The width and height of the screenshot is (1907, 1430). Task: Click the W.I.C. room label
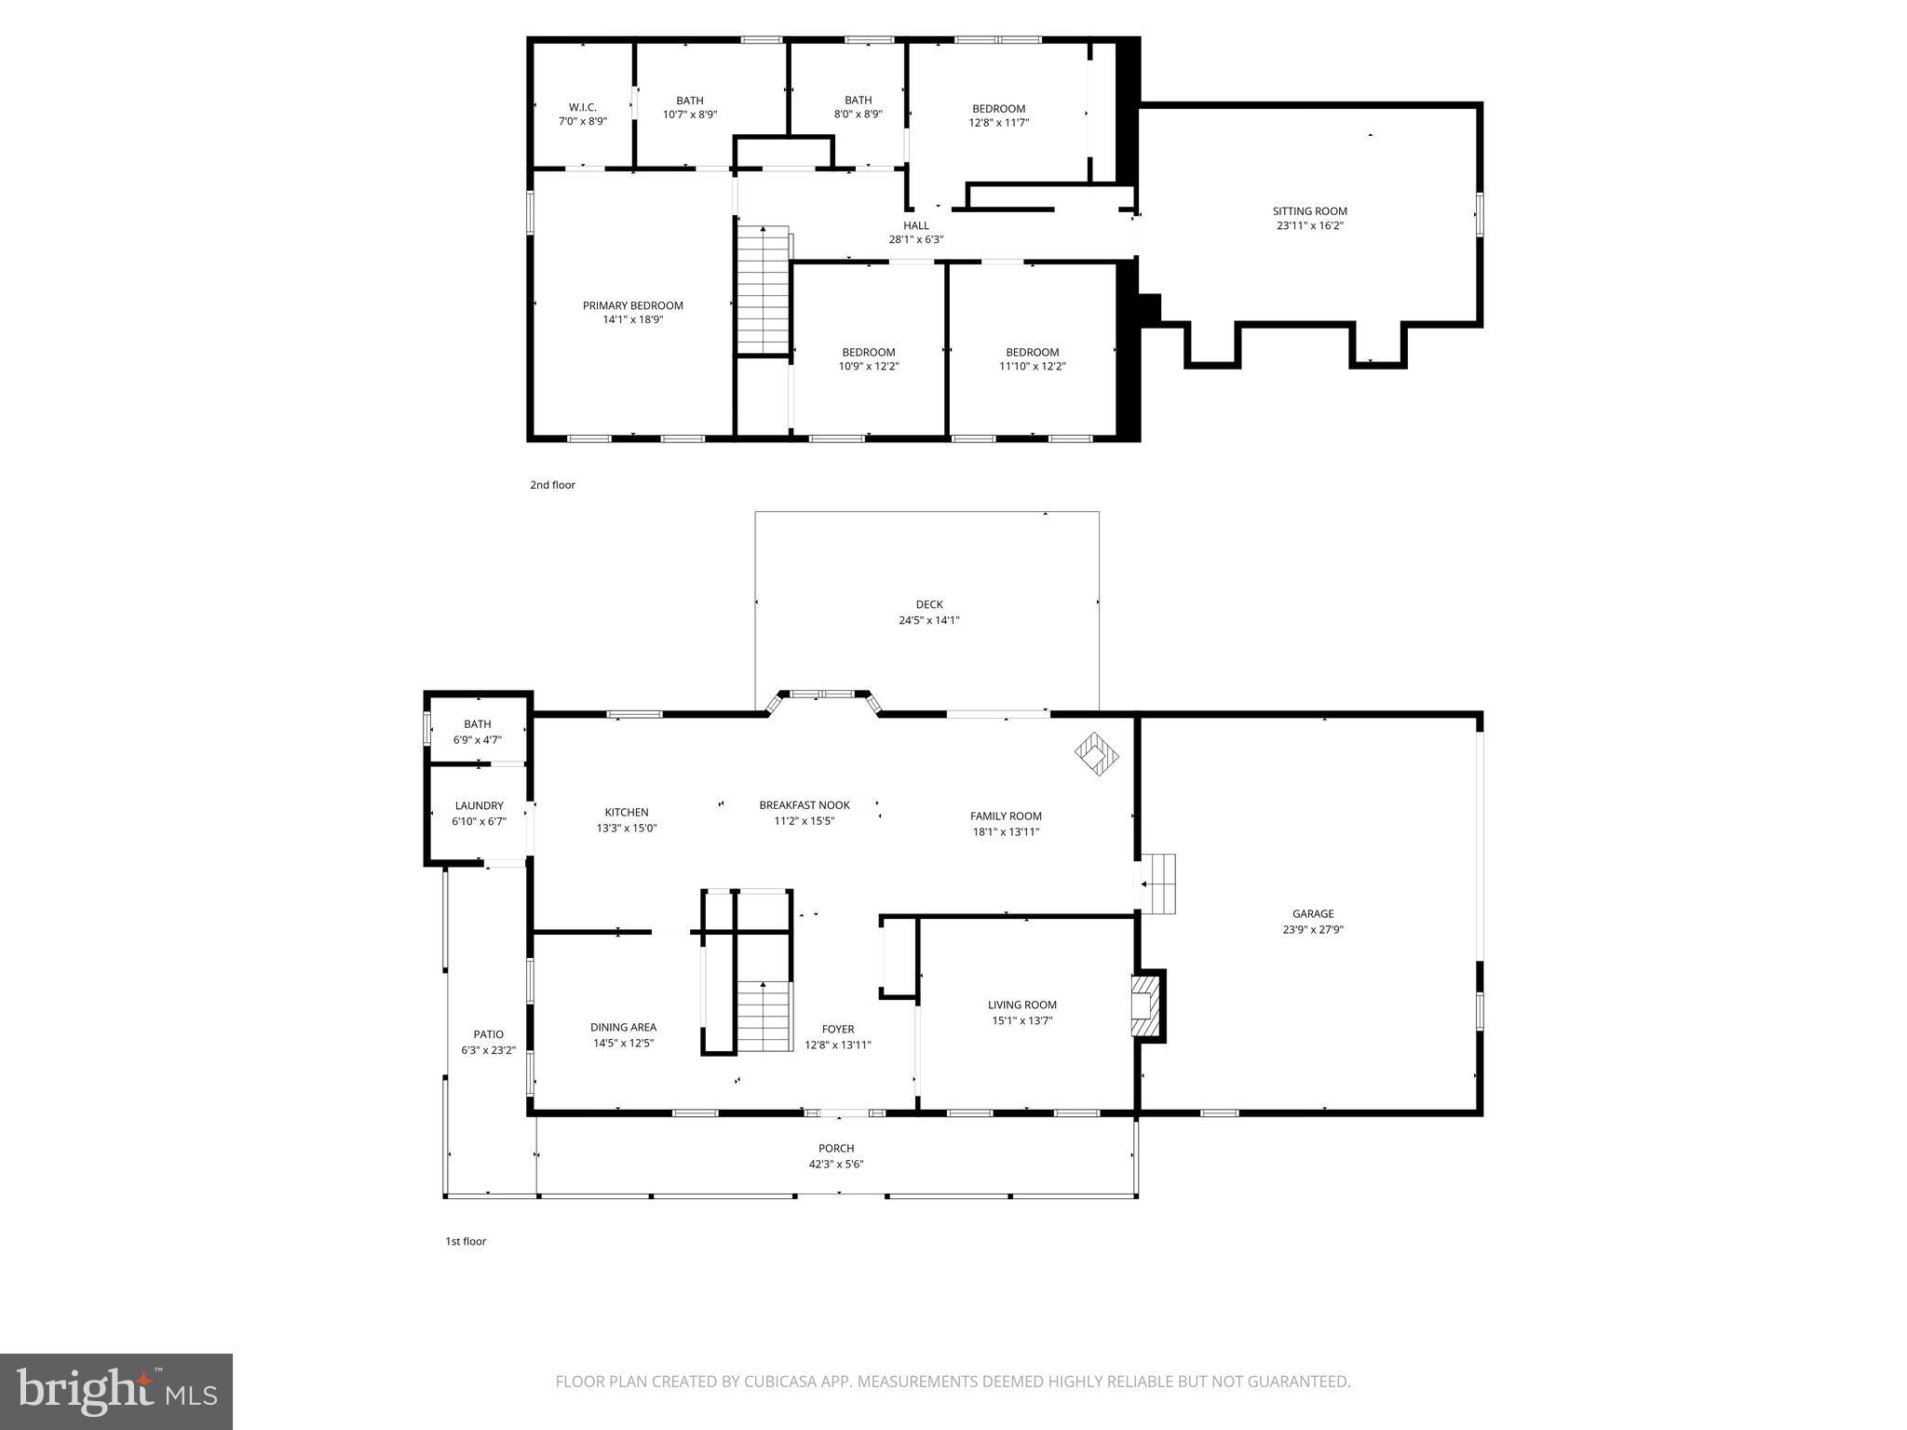[583, 108]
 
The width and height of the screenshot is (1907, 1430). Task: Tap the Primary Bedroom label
[632, 306]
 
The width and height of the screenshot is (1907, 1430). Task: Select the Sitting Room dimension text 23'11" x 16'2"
[1309, 226]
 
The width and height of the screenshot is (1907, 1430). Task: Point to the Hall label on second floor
[915, 226]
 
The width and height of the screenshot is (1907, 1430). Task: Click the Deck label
[928, 605]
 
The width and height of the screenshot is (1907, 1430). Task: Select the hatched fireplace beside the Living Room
[1148, 1005]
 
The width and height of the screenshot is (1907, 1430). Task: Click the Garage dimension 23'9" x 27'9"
[1312, 929]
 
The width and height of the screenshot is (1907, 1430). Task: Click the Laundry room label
[479, 806]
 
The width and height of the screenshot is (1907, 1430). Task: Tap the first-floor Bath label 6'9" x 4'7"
[478, 724]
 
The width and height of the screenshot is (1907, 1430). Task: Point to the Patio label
[488, 1034]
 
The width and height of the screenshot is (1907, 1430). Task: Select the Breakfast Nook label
[804, 805]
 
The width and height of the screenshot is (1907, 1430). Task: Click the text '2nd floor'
[552, 485]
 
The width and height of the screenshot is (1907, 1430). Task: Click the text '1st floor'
[466, 1241]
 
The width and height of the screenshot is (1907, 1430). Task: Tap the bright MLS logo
[116, 1391]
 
